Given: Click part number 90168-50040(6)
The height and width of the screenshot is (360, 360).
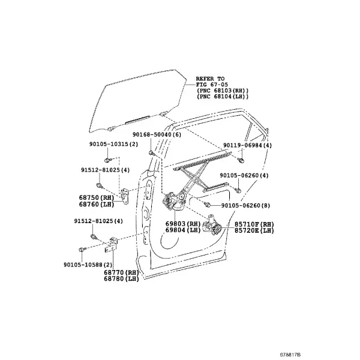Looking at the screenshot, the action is (x=157, y=134).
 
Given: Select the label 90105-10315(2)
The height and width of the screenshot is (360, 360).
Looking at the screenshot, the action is (x=113, y=144).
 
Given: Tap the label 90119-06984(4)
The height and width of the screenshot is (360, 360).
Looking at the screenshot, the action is (x=247, y=145).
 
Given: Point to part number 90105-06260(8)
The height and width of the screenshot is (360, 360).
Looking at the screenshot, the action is (x=245, y=205).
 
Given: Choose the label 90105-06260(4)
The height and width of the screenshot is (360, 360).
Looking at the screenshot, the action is (x=244, y=175).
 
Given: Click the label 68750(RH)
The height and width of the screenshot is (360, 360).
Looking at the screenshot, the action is (x=97, y=197).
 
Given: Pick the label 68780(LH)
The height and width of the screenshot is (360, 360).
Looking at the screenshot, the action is (x=121, y=279).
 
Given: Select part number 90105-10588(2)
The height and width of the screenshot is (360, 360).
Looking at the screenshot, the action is (x=88, y=265).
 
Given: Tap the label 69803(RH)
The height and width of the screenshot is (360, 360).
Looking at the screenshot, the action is (x=183, y=224).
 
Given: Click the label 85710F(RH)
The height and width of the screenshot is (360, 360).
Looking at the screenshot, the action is (x=254, y=224).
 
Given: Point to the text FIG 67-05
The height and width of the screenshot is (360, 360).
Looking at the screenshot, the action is (x=212, y=85).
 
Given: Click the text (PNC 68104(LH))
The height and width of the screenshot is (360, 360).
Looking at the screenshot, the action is (x=223, y=97).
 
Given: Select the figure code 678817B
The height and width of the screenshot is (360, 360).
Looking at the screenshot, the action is (x=290, y=355).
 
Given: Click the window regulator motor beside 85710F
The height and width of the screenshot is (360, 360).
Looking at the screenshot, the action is (x=212, y=225).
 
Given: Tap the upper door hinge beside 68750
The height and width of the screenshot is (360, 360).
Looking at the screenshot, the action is (x=125, y=196).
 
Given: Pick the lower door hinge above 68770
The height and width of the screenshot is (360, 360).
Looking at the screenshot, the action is (x=112, y=245).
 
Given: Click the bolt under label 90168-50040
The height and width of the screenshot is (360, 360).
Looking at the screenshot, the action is (x=151, y=152).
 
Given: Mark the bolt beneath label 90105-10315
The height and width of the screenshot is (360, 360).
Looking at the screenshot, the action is (x=107, y=160).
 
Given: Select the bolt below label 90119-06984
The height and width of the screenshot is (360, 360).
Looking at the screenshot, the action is (x=241, y=160).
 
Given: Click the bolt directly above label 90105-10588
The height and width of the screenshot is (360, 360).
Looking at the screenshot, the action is (x=82, y=250).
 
